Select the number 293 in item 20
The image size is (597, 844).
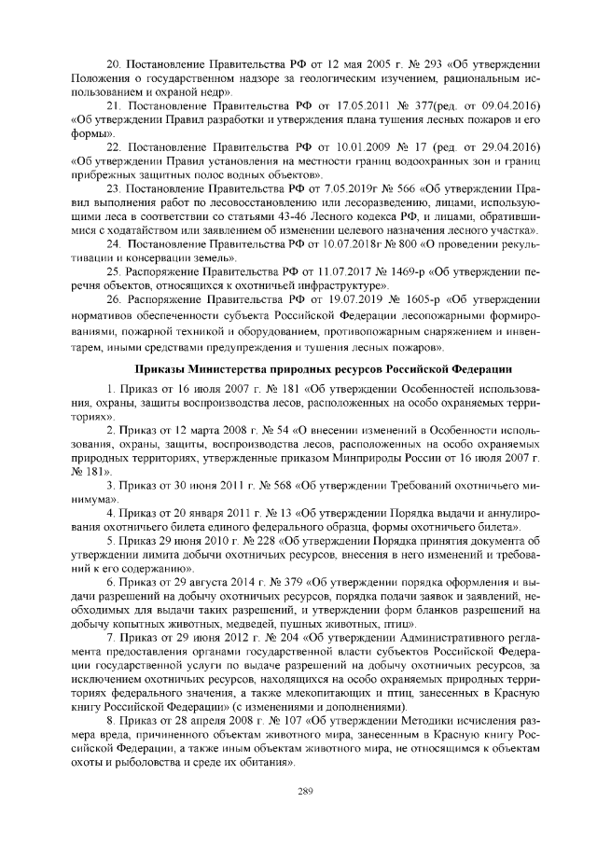pos(409,62)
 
